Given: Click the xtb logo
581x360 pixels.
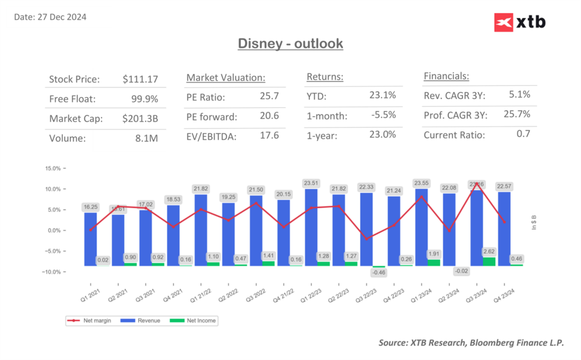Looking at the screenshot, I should click(520, 22).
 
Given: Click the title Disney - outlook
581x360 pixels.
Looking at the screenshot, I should click(290, 43).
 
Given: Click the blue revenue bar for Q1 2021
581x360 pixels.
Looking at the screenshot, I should click(90, 238).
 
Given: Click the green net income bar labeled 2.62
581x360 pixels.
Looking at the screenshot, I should click(489, 261).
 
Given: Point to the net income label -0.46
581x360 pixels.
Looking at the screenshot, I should click(378, 273).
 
